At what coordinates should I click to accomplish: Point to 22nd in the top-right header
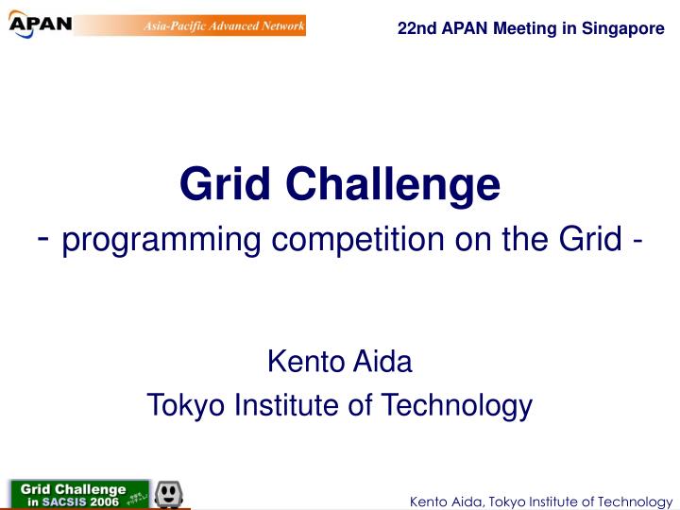click(415, 28)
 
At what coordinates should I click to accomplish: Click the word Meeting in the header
click(528, 28)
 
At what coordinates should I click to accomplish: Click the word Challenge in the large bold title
click(394, 184)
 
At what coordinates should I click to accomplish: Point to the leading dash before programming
click(44, 238)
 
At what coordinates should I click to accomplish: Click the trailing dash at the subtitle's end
click(639, 241)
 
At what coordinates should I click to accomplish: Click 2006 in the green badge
click(105, 501)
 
